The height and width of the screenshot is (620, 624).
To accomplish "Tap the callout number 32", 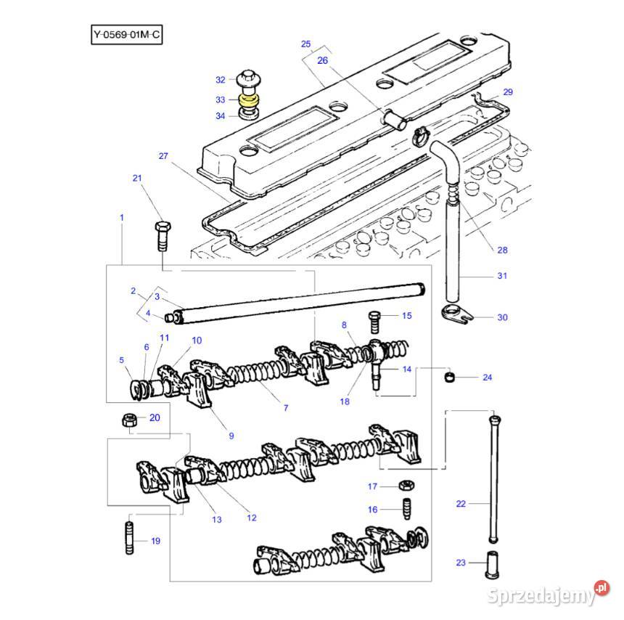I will (221, 79).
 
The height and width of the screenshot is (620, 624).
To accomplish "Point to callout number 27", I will (163, 156).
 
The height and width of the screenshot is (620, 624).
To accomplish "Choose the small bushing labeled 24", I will (450, 378).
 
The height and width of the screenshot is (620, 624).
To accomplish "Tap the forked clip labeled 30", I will (457, 315).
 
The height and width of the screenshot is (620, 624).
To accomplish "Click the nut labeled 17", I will (408, 486).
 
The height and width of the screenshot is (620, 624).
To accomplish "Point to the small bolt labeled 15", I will (375, 319).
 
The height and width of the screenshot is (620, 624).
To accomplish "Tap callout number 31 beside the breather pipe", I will (502, 276).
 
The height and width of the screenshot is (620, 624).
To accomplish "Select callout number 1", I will (121, 217).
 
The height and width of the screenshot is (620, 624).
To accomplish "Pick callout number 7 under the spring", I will (285, 408).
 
